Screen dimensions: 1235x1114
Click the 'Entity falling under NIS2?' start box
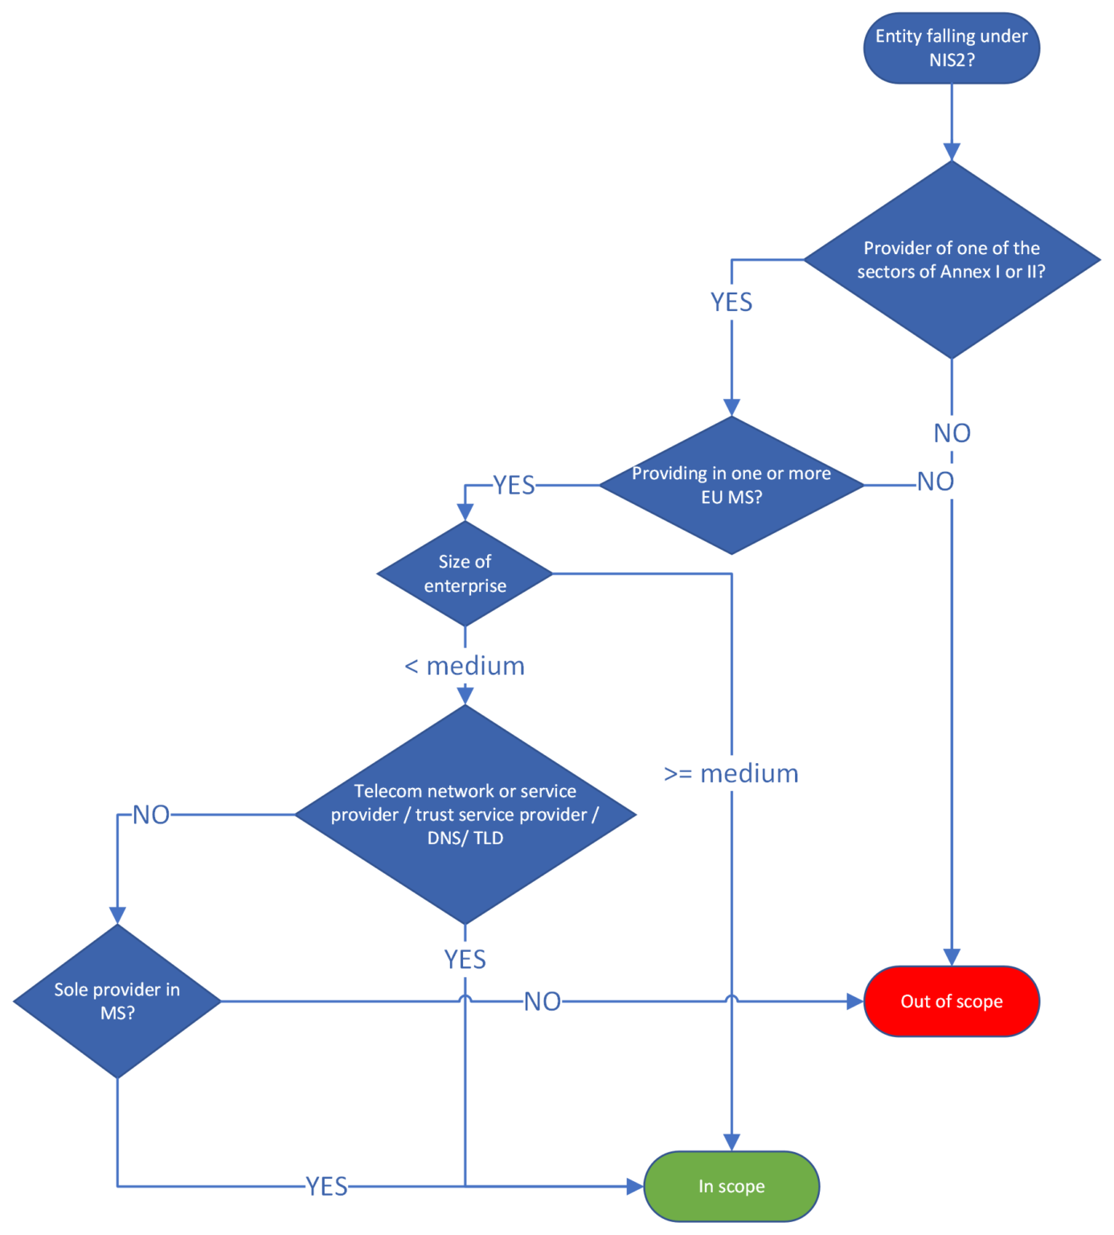[951, 48]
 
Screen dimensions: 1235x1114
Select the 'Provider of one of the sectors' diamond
[951, 260]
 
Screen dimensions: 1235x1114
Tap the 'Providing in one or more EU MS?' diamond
[731, 485]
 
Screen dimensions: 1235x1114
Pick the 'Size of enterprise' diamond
[465, 573]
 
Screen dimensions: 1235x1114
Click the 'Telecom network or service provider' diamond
[465, 814]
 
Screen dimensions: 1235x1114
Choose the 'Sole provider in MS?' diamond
[117, 1001]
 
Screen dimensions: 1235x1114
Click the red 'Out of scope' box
[951, 1001]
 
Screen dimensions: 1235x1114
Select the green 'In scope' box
[731, 1186]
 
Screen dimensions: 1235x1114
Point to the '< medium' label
[465, 666]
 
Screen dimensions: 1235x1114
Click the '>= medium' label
[731, 773]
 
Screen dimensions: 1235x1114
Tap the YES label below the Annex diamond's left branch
[731, 302]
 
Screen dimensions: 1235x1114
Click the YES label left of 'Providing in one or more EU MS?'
[514, 485]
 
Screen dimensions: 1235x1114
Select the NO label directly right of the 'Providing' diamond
[935, 482]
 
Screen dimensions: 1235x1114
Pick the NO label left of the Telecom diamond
[151, 814]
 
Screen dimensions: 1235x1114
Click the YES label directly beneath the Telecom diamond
[465, 959]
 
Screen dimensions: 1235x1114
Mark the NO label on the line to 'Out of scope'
[543, 1001]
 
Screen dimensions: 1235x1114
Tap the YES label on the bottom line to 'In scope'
[326, 1186]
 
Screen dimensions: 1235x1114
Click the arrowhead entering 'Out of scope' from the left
[855, 1001]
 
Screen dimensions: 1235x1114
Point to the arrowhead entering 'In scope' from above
[731, 1143]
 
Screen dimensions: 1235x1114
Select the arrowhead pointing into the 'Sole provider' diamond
[117, 916]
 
